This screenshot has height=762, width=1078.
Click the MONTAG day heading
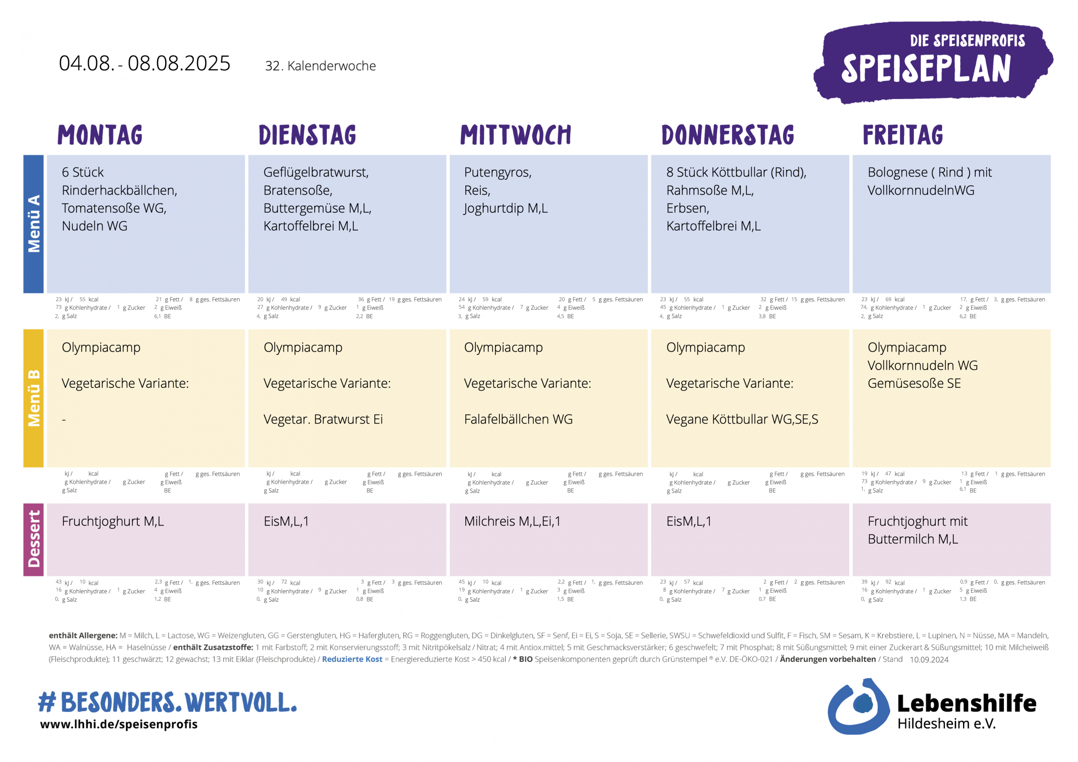99,135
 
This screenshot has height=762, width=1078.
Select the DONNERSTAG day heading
727,135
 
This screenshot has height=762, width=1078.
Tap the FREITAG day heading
902,135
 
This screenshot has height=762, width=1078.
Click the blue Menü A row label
33,224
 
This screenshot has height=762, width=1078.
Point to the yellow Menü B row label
33,398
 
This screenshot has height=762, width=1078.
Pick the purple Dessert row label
33,539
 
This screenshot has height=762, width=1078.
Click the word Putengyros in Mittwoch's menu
497,172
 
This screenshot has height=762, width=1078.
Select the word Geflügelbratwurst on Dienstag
315,172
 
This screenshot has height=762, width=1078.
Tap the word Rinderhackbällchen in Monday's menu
119,190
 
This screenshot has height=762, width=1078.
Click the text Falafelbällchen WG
518,419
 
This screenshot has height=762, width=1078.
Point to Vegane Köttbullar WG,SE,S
742,419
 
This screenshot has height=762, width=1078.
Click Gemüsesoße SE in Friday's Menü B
914,383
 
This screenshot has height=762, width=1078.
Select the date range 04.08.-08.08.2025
144,64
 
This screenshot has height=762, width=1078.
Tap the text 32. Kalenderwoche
320,66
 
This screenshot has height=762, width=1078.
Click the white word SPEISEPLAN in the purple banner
926,69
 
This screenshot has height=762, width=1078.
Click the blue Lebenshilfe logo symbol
857,706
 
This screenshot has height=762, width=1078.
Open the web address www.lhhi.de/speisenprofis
119,724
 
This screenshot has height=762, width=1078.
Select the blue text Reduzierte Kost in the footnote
352,659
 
